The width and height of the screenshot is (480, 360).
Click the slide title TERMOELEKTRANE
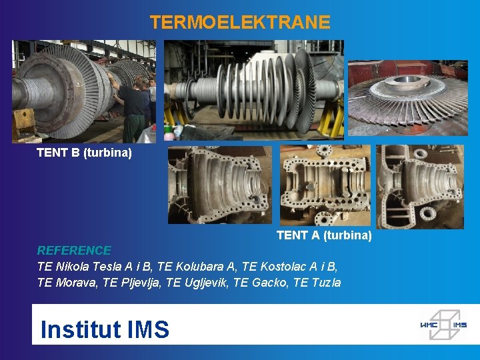click(x=240, y=23)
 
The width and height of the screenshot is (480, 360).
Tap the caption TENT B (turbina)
click(x=84, y=153)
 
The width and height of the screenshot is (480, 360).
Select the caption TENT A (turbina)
click(x=324, y=235)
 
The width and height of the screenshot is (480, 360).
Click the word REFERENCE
click(x=74, y=251)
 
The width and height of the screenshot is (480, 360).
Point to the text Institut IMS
click(x=105, y=329)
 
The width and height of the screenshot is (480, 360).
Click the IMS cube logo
click(x=443, y=324)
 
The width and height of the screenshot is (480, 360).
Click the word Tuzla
click(x=327, y=283)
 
